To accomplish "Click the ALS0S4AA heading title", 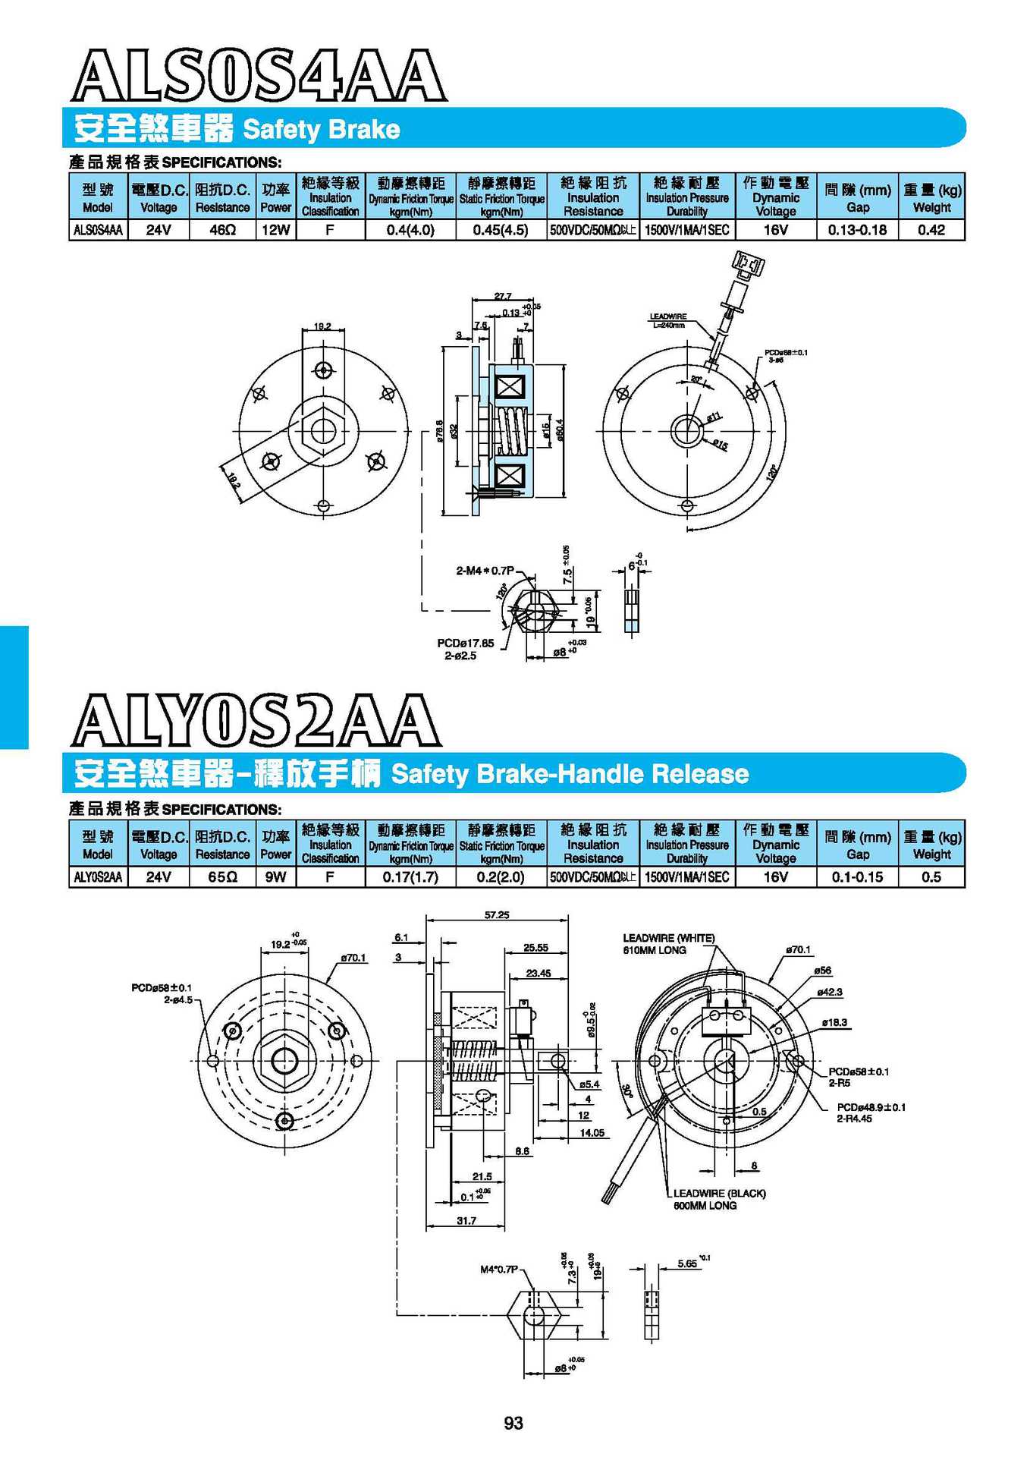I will tap(258, 76).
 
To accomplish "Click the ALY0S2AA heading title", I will tap(256, 719).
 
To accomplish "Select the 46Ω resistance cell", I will tap(222, 230).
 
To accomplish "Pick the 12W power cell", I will tap(275, 230).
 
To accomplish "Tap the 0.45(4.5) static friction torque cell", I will tap(501, 230).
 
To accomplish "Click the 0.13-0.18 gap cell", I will tap(857, 230).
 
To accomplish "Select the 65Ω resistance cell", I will tap(222, 877).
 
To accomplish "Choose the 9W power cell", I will tap(275, 877).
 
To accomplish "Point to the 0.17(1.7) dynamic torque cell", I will tap(410, 877).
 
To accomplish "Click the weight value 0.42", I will tap(931, 230).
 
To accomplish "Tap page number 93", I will tap(513, 1423).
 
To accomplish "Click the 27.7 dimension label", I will tap(503, 296).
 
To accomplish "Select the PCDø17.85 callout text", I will tap(465, 643).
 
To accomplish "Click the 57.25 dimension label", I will tap(497, 915).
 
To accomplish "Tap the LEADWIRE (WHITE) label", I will tap(668, 938).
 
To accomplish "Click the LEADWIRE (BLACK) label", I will tap(719, 1193).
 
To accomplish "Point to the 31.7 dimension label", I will tap(466, 1221).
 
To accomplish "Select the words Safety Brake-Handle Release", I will tap(570, 774).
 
